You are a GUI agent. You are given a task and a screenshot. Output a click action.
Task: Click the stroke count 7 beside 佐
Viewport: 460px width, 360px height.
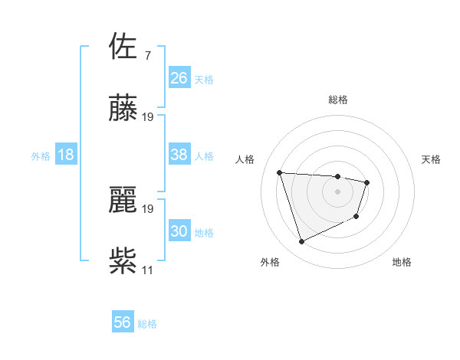(147, 55)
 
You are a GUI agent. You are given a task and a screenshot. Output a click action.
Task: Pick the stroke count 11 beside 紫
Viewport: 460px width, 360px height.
(147, 270)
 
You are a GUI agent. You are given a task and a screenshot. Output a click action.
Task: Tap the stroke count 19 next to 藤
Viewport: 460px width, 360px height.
(148, 116)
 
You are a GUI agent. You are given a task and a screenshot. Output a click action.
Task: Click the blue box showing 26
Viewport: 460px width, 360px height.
(179, 78)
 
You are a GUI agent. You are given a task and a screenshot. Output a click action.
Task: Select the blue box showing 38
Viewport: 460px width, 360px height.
(179, 155)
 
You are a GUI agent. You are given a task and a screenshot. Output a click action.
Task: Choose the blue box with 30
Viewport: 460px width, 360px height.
(179, 231)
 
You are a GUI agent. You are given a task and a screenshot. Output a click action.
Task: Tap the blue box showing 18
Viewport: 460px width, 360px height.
(66, 155)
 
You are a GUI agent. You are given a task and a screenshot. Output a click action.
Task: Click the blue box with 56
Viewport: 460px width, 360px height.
(123, 322)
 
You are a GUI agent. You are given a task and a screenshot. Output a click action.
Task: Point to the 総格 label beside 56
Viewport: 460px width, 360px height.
(147, 324)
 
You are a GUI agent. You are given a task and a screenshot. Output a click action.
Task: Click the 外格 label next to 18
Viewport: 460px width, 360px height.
(41, 156)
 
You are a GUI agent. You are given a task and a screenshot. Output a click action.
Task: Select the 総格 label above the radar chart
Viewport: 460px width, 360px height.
(338, 100)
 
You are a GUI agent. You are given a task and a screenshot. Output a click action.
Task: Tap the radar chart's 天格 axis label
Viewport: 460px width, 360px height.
(432, 159)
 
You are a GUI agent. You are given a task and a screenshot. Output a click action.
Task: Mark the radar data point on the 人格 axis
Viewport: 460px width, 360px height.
(280, 172)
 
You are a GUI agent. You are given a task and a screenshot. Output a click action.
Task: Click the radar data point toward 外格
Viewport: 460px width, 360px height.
(301, 242)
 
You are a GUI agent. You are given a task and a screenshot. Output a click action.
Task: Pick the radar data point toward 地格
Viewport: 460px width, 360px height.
(357, 218)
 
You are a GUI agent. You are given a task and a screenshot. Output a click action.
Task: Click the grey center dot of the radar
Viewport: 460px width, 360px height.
(337, 191)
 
